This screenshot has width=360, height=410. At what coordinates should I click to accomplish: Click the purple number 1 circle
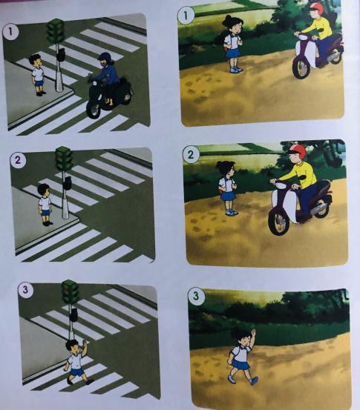pos(10,32)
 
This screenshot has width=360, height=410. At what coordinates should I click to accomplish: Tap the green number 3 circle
pos(195,296)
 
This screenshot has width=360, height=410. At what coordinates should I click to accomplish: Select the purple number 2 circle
pos(18,159)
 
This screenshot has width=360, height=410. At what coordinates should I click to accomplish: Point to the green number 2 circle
pos(191,154)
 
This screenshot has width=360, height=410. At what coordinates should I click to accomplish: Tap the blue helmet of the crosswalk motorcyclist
pos(105,58)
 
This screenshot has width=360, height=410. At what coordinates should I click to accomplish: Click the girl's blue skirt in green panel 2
pos(227,196)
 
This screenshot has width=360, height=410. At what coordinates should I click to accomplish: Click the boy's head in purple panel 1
pos(35,62)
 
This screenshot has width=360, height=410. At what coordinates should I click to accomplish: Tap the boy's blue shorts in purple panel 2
pos(45,212)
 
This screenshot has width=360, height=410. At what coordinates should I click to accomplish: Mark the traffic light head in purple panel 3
pos(70,291)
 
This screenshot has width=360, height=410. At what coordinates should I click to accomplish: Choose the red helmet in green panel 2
pos(298,149)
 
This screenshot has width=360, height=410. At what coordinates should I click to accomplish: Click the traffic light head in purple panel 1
pos(55,30)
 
